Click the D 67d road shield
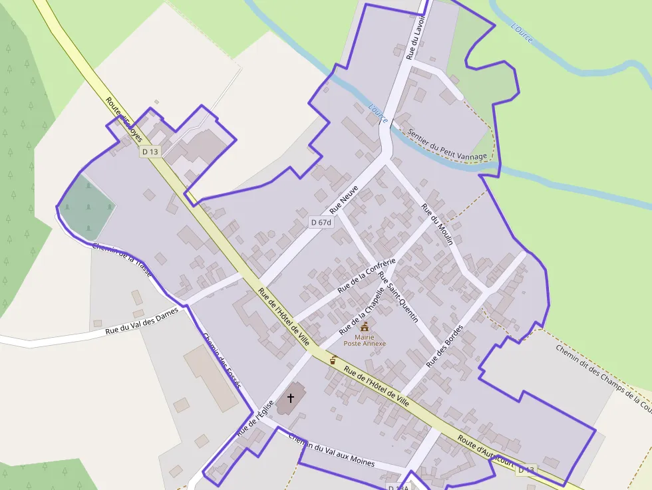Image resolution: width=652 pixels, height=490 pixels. click(x=321, y=222)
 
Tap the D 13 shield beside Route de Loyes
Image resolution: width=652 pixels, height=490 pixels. click(x=150, y=152)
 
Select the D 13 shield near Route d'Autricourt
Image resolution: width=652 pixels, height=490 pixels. click(x=526, y=470)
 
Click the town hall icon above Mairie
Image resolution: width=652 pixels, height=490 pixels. click(x=364, y=326)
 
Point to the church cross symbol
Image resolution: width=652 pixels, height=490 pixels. click(x=290, y=398)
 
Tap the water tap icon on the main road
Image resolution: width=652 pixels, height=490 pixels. click(x=333, y=360)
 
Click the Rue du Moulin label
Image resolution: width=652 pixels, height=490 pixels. click(x=437, y=224)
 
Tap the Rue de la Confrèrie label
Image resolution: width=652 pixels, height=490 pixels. click(x=367, y=275)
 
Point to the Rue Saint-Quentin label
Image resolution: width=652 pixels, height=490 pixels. click(x=398, y=297)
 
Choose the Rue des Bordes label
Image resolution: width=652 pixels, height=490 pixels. click(x=444, y=346)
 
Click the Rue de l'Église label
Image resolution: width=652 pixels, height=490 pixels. click(x=255, y=418)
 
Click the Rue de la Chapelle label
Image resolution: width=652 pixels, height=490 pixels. click(x=362, y=311)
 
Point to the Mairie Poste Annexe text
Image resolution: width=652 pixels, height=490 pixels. click(x=364, y=340)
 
